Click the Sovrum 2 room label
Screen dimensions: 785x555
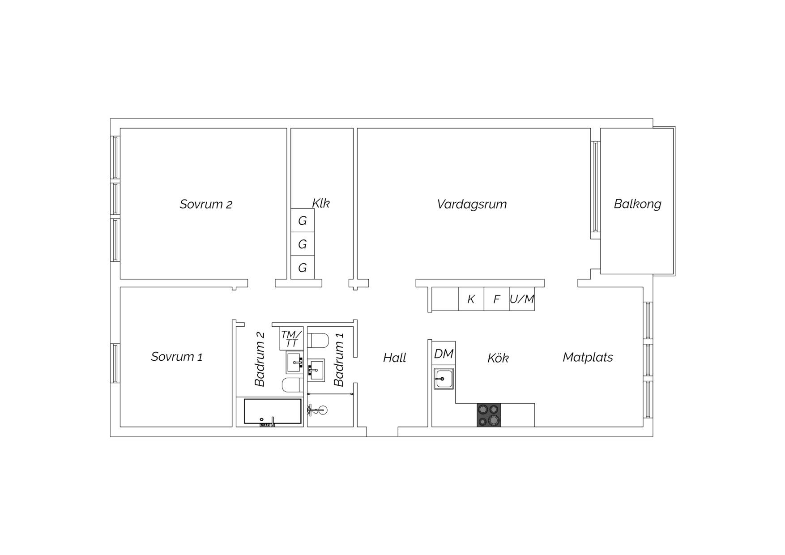206,204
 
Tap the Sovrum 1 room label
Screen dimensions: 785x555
177,357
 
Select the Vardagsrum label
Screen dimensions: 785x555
472,204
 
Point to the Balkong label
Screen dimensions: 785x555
637,204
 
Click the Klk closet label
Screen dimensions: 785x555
321,203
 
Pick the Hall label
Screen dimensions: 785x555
394,358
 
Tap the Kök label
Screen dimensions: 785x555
498,358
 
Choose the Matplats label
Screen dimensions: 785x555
588,357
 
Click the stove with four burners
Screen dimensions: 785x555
489,415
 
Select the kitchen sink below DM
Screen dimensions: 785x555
444,379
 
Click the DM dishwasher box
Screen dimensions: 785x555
444,353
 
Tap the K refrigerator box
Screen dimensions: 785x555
471,299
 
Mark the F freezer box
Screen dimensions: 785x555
497,299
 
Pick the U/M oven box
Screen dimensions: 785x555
522,299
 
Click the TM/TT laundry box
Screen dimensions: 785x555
291,339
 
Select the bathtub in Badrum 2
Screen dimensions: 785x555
273,411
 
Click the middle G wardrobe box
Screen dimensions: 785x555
303,244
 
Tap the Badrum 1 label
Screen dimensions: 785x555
339,359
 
